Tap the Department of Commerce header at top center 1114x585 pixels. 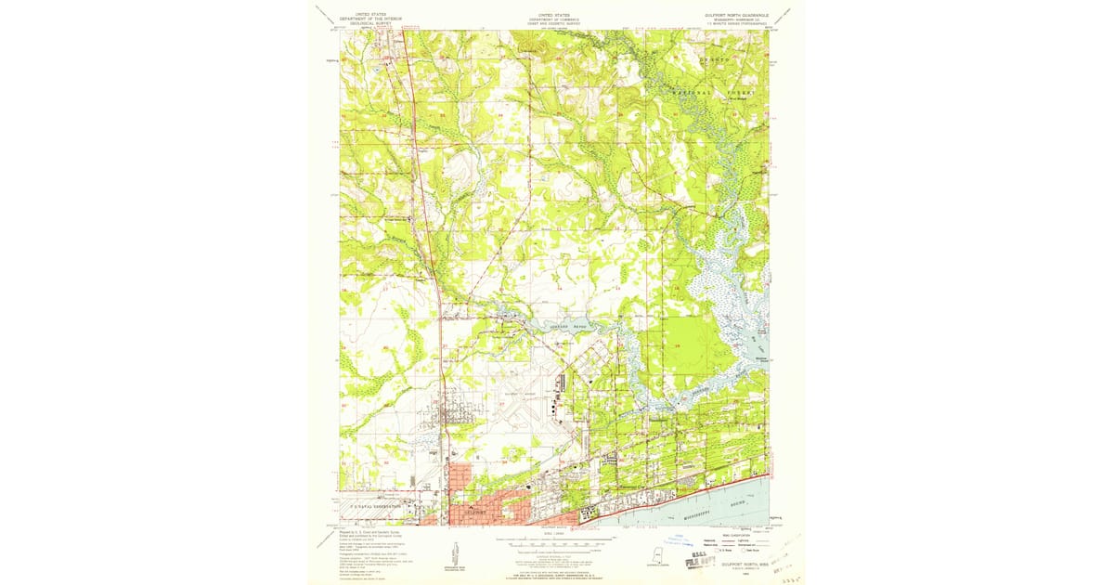pyautogui.click(x=555, y=18)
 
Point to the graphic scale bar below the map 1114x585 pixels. pyautogui.click(x=555, y=545)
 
